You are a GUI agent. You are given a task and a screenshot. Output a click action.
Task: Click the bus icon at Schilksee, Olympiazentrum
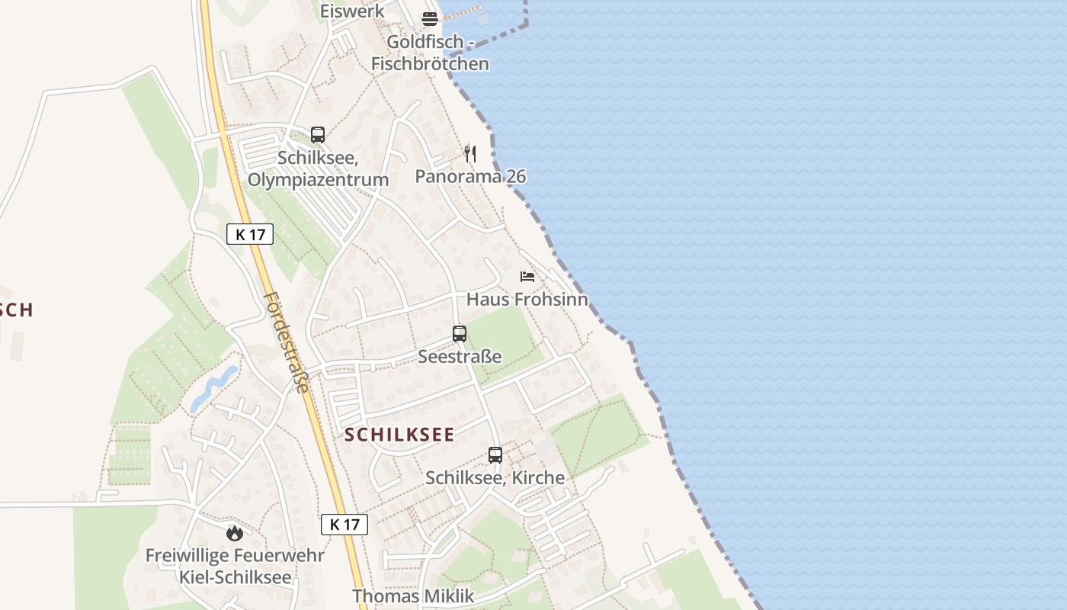(x=318, y=135)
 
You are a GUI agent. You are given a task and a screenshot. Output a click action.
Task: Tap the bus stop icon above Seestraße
(x=459, y=333)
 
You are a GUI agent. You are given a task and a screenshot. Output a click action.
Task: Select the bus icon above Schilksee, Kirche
(x=495, y=455)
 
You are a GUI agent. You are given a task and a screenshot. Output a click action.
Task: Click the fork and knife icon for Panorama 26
(x=470, y=154)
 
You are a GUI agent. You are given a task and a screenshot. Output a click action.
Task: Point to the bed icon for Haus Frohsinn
(x=527, y=276)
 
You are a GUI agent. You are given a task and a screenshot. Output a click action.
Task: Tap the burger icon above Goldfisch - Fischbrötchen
(x=430, y=19)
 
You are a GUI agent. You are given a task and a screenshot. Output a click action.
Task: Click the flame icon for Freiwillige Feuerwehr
(x=235, y=532)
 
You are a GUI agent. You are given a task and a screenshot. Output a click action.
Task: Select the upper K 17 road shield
(x=250, y=234)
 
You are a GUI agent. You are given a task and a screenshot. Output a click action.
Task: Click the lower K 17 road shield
(x=344, y=524)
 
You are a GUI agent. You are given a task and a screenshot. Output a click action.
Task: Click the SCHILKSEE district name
(x=399, y=435)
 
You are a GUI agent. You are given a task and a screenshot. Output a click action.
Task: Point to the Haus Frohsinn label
(x=527, y=299)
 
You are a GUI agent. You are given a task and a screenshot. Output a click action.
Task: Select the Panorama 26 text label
(x=470, y=177)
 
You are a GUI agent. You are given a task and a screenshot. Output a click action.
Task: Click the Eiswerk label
(x=352, y=11)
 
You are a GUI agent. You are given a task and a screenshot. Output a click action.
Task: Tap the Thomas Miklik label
(x=413, y=596)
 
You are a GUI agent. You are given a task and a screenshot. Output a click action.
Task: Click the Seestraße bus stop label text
(x=460, y=356)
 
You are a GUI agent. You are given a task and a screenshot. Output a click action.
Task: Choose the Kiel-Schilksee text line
(x=235, y=577)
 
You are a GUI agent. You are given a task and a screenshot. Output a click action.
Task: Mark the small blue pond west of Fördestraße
(x=214, y=387)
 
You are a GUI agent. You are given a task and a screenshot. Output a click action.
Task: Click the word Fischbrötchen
(x=430, y=63)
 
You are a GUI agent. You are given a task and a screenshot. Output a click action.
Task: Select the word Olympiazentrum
(x=318, y=180)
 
